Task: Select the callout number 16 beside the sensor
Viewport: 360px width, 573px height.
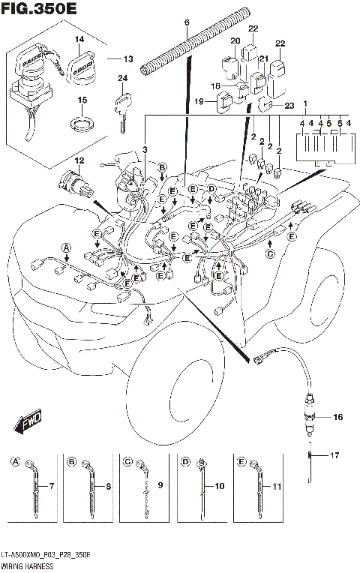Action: coord(337,416)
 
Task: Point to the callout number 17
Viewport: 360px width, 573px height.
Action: coord(335,454)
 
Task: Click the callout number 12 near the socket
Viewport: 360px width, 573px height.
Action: coord(79,161)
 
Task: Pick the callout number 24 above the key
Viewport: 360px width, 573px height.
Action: coord(121,79)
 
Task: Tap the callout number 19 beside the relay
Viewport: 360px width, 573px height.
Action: coord(199,101)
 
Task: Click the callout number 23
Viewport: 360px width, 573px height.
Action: coord(290,106)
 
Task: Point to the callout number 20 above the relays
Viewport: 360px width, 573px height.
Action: coord(235,41)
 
